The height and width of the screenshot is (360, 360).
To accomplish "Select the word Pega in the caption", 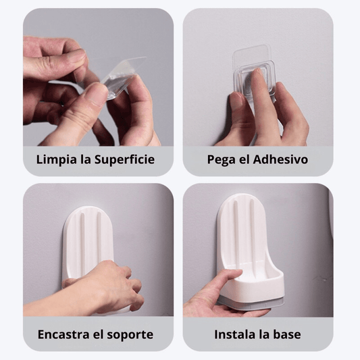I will [x=222, y=161].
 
